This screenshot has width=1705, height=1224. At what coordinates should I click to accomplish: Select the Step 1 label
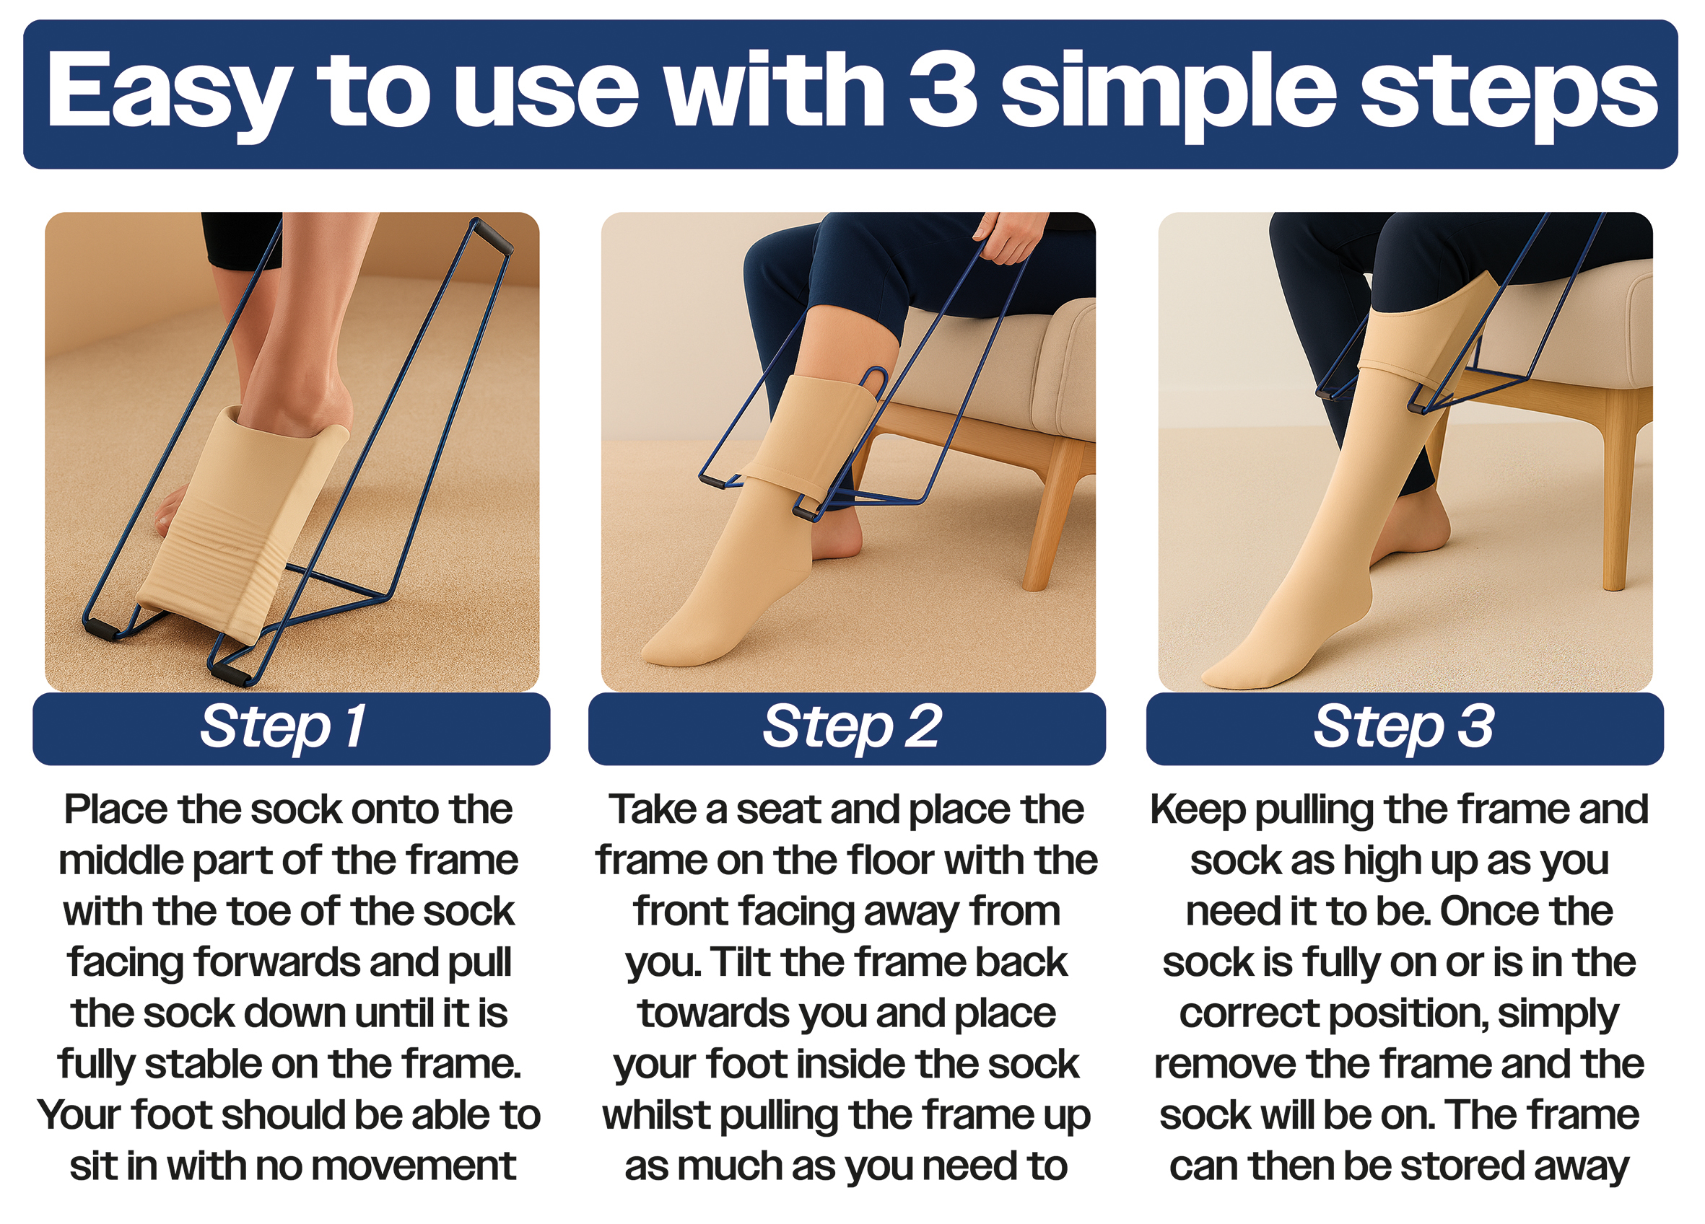pos(284,727)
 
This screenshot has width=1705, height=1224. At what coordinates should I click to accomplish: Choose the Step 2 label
pos(852,727)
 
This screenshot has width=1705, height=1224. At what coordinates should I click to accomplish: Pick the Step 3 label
pos(1404,727)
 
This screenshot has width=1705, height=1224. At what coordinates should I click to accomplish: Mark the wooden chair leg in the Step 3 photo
pos(1616,488)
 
